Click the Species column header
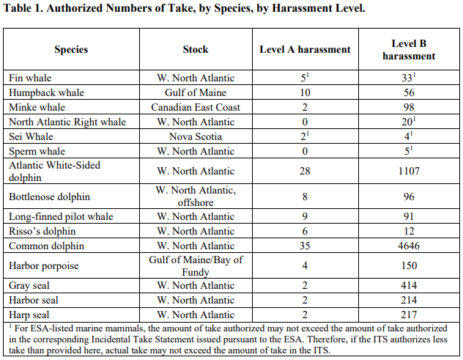(71, 50)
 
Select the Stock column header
(196, 50)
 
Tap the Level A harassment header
(305, 50)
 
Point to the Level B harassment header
(409, 50)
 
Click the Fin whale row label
(31, 78)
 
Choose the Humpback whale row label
(47, 92)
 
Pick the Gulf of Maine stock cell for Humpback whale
(196, 92)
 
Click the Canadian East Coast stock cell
(196, 107)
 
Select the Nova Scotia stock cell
(196, 136)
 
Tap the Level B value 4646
(408, 246)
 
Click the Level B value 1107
(408, 171)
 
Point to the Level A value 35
(305, 246)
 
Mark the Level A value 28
(305, 171)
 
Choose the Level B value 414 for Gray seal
(408, 286)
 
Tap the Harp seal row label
(30, 315)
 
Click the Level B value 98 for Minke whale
(408, 107)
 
